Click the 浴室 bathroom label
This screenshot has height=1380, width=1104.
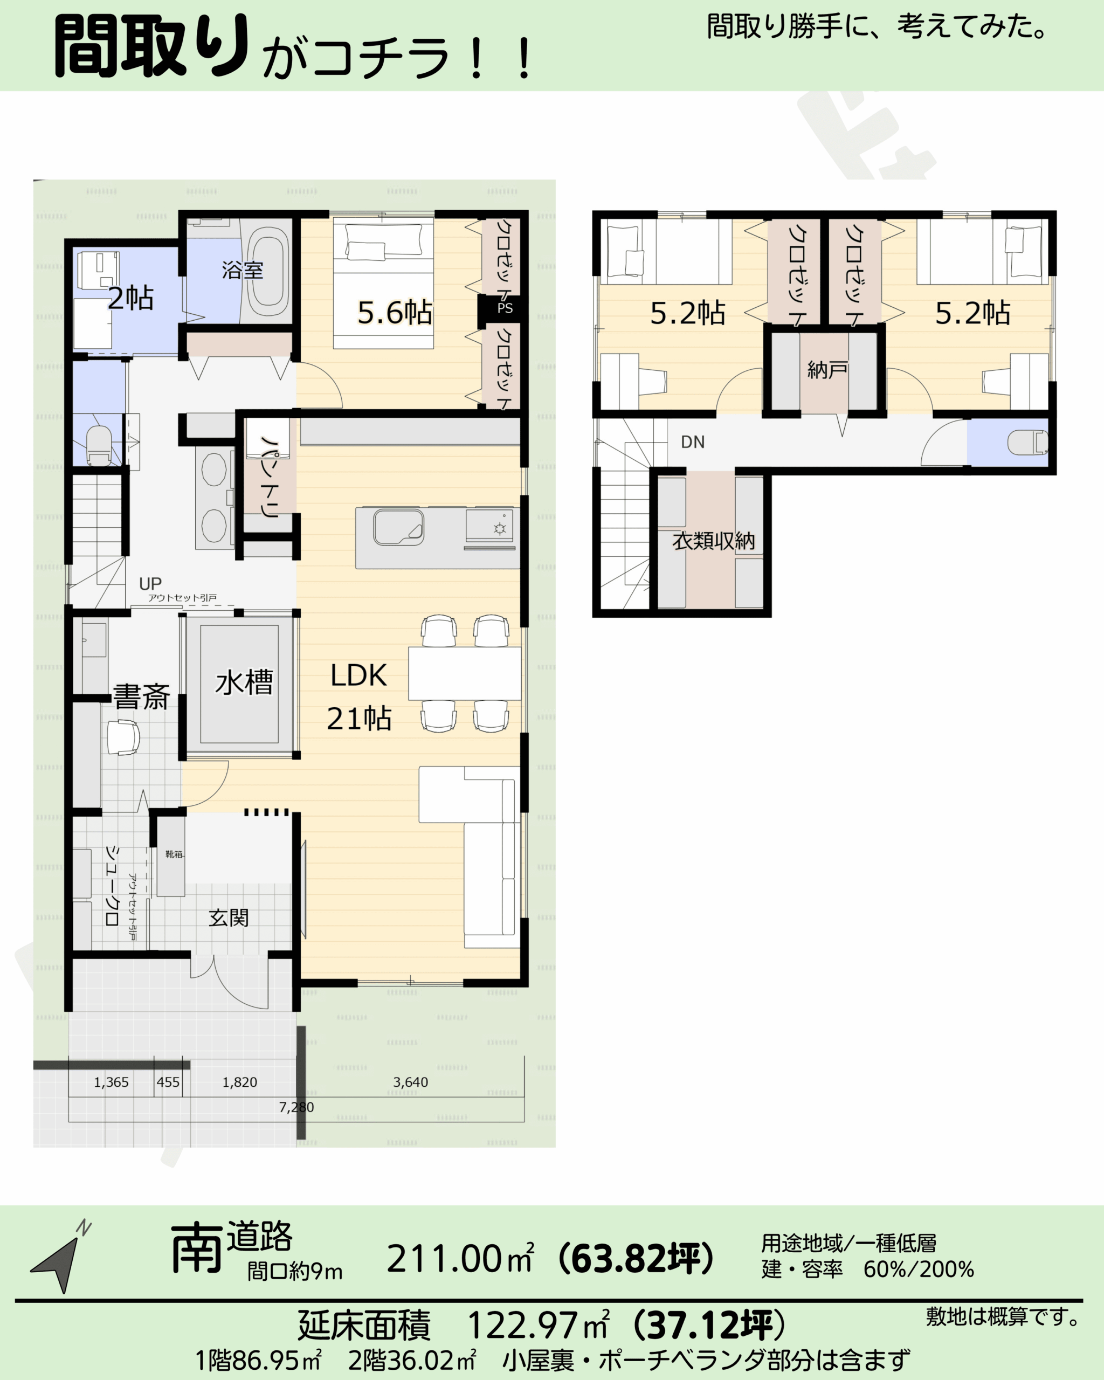pyautogui.click(x=243, y=270)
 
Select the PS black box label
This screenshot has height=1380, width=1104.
pyautogui.click(x=505, y=308)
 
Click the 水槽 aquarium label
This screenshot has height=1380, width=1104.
pyautogui.click(x=244, y=682)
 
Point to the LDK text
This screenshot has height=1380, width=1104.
pyautogui.click(x=358, y=675)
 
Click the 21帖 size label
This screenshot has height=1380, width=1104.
pyautogui.click(x=359, y=719)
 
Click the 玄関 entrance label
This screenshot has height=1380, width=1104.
pyautogui.click(x=229, y=918)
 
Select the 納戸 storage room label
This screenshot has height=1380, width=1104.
pyautogui.click(x=827, y=369)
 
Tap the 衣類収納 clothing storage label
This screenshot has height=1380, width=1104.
pyautogui.click(x=713, y=541)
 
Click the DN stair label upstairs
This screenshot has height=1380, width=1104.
pyautogui.click(x=693, y=441)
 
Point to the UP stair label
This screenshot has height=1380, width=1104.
pyautogui.click(x=150, y=584)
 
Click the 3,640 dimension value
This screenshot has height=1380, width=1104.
pyautogui.click(x=410, y=1082)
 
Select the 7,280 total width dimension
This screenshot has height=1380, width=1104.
pyautogui.click(x=296, y=1107)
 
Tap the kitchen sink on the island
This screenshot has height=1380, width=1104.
pyautogui.click(x=398, y=527)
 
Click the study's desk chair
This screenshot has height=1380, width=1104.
pyautogui.click(x=123, y=737)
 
